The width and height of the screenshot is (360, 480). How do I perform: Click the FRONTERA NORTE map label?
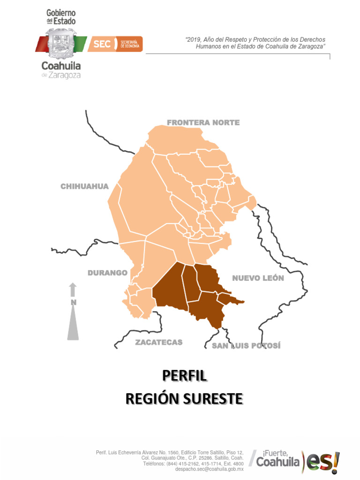tap(203, 123)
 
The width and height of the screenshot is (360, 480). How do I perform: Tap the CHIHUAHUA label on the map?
tap(84, 187)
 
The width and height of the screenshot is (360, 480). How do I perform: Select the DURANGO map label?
tap(107, 273)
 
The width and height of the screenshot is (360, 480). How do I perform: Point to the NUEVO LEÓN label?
tap(258, 278)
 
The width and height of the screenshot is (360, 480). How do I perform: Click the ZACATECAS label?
tap(159, 342)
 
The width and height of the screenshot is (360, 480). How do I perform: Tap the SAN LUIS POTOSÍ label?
tap(246, 346)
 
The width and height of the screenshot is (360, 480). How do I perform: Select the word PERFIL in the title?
tap(184, 376)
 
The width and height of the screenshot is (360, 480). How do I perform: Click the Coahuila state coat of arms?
tap(60, 45)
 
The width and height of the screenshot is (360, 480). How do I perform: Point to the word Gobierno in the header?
tap(61, 13)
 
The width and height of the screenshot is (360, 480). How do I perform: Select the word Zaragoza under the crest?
tap(65, 75)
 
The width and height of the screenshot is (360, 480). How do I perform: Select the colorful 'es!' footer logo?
tap(322, 463)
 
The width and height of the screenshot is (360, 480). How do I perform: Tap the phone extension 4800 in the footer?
tap(237, 464)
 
